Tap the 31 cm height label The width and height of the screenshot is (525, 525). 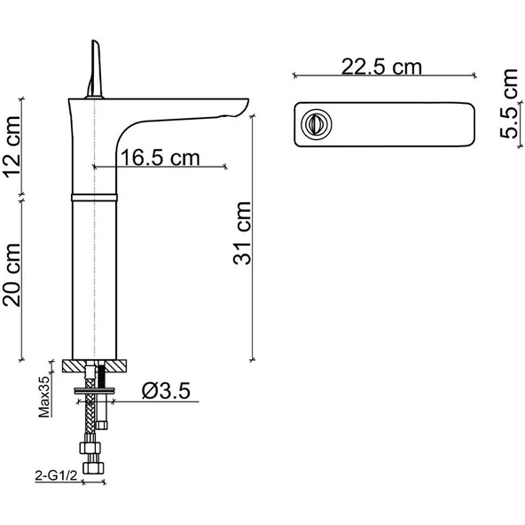242,232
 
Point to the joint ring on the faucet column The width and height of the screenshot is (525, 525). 93,194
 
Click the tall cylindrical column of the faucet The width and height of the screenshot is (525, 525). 93,275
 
